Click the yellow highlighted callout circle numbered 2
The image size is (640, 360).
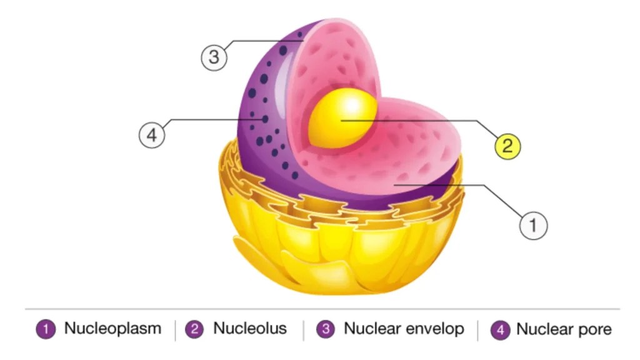507,146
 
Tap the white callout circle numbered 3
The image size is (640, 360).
214,58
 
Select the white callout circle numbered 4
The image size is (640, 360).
152,134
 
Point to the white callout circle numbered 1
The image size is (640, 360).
533,225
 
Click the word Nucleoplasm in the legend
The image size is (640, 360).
112,329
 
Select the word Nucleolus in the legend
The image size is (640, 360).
250,329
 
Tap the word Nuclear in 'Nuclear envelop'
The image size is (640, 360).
374,329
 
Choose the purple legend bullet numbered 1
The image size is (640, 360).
46,329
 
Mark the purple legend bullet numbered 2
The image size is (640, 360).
196,329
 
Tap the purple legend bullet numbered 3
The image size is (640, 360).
326,329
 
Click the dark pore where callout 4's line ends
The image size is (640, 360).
264,119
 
